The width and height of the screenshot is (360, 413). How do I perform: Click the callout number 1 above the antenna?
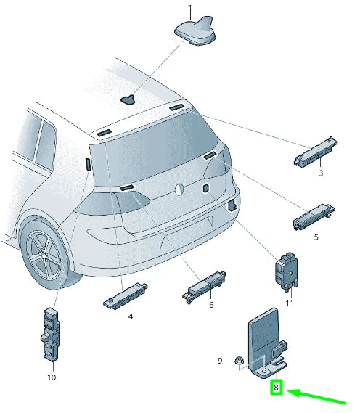(191, 9)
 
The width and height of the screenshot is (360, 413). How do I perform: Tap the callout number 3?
(320, 173)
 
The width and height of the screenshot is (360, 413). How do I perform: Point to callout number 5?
(316, 237)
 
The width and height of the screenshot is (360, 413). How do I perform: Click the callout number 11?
(290, 303)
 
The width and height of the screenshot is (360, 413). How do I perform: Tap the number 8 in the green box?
(276, 388)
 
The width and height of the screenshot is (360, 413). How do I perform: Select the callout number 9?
(221, 360)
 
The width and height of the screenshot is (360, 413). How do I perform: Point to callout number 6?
(211, 305)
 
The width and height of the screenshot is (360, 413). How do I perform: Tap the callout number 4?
(131, 316)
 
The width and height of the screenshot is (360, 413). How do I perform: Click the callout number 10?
(51, 377)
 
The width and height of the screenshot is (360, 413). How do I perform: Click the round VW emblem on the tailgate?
(179, 189)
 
